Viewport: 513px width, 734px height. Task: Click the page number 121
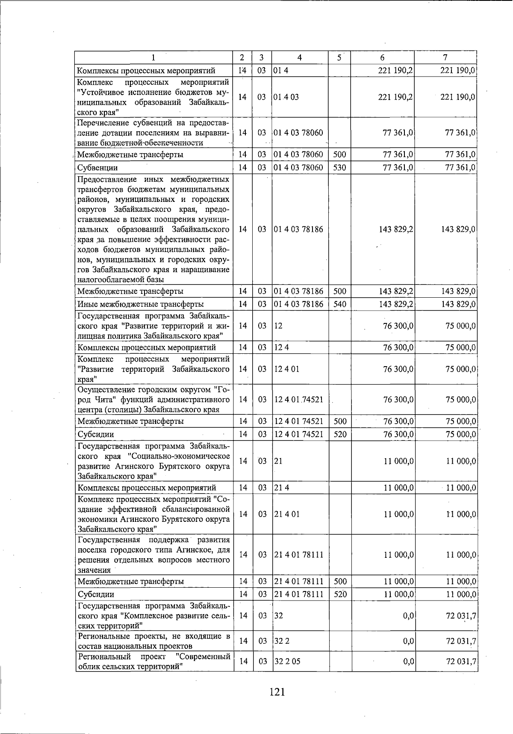click(x=277, y=692)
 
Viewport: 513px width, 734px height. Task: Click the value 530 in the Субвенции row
click(x=339, y=168)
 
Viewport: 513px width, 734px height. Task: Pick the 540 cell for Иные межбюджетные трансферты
click(x=339, y=305)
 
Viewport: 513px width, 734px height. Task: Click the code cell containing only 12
click(x=278, y=326)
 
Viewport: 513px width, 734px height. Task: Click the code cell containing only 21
click(x=278, y=461)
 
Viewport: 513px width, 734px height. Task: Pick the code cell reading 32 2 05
click(x=287, y=661)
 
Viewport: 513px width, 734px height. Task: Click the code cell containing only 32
click(x=279, y=616)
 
